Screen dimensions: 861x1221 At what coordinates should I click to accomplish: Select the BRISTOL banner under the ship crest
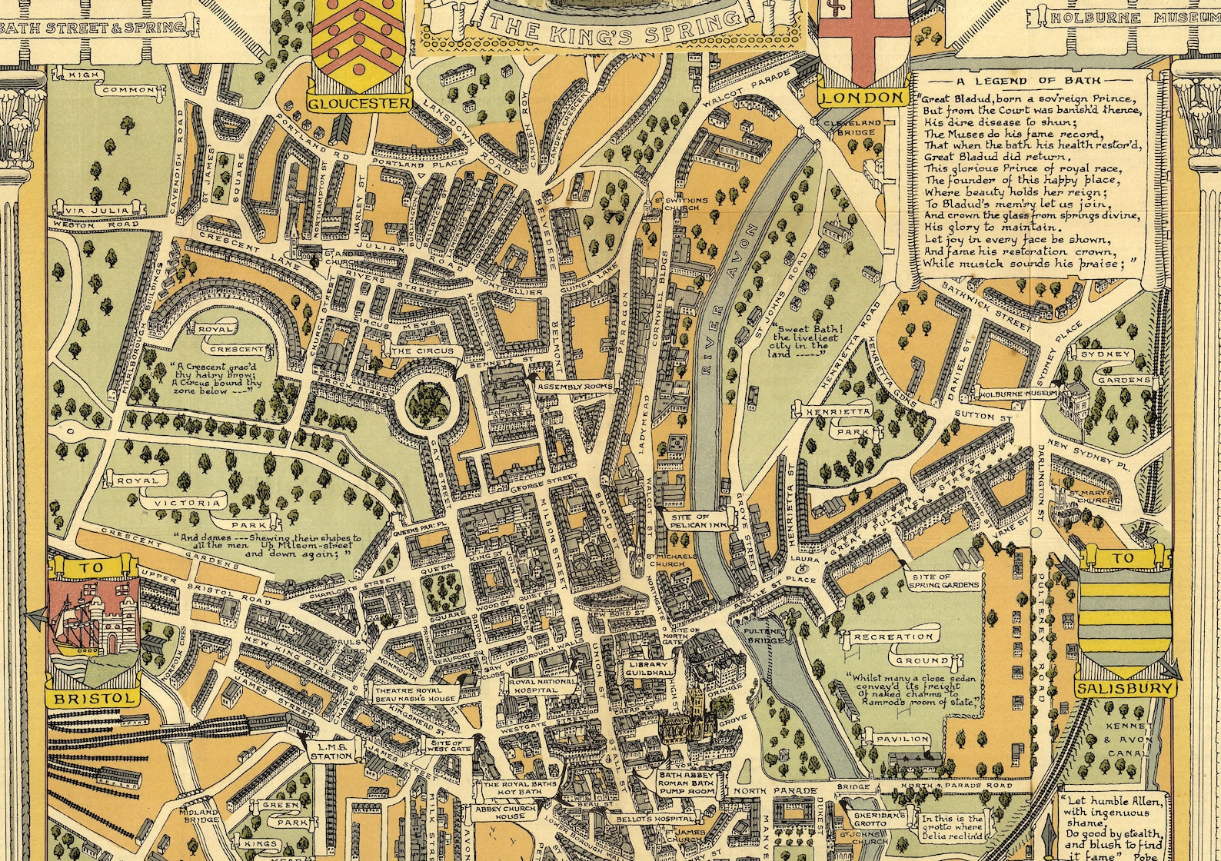point(93,698)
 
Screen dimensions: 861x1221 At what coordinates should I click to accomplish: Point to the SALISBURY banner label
point(1127,690)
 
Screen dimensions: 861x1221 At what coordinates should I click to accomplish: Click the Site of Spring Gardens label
point(944,581)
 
